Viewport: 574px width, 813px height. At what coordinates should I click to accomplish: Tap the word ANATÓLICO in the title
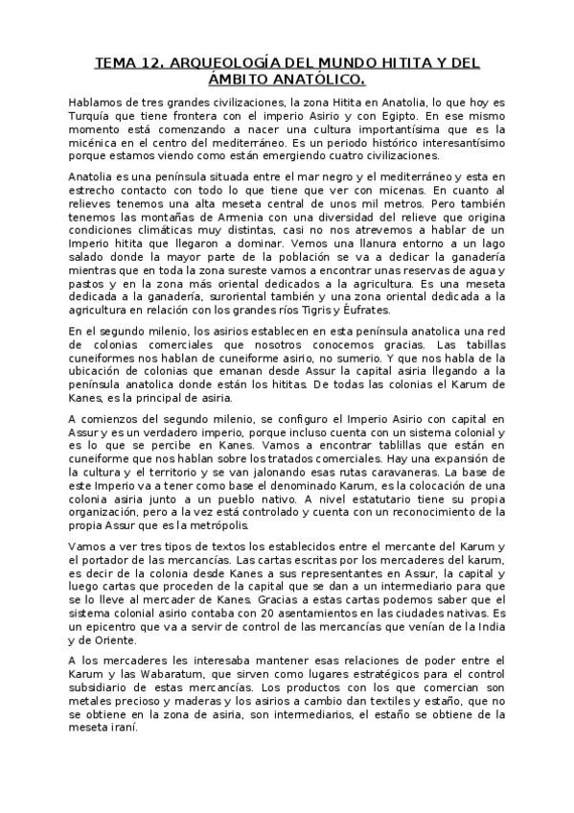point(317,80)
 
